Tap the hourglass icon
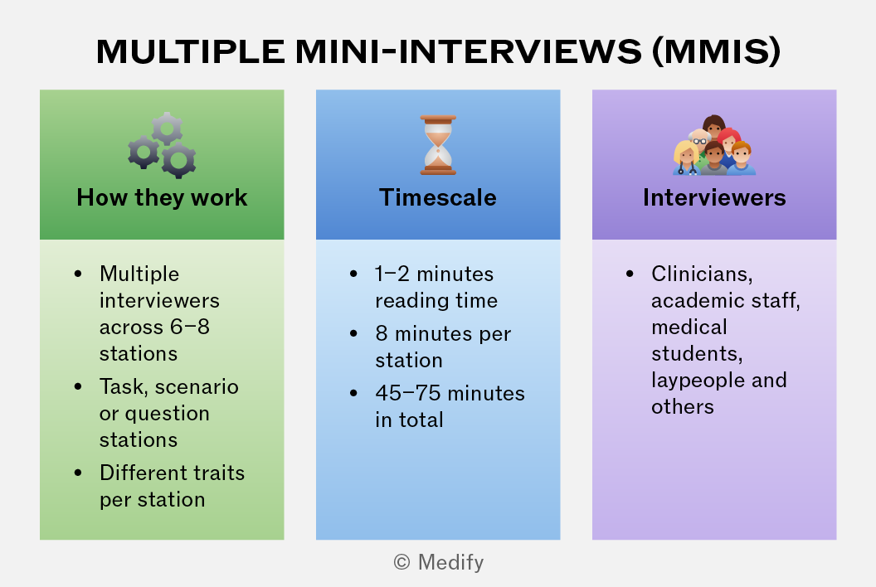pyautogui.click(x=438, y=145)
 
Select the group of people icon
pyautogui.click(x=714, y=145)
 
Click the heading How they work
pyautogui.click(x=162, y=197)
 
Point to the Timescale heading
pyautogui.click(x=438, y=197)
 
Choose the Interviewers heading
pyautogui.click(x=714, y=197)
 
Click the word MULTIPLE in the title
pyautogui.click(x=191, y=51)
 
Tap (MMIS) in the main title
pyautogui.click(x=716, y=51)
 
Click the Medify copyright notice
pyautogui.click(x=439, y=562)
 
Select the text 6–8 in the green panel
pyautogui.click(x=190, y=327)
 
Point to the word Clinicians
pyautogui.click(x=702, y=274)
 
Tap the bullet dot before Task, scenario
pyautogui.click(x=78, y=386)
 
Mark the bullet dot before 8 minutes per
pyautogui.click(x=353, y=333)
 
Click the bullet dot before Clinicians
pyautogui.click(x=630, y=274)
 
